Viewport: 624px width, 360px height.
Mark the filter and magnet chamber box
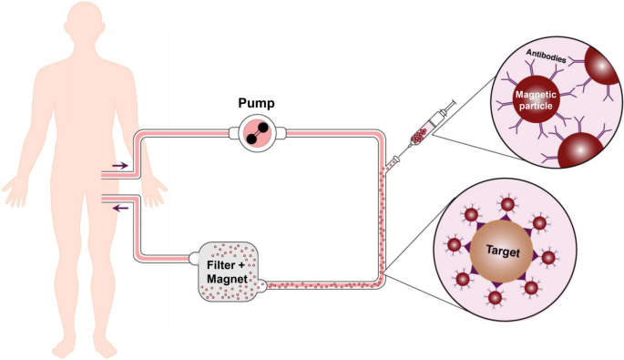tap(224, 274)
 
